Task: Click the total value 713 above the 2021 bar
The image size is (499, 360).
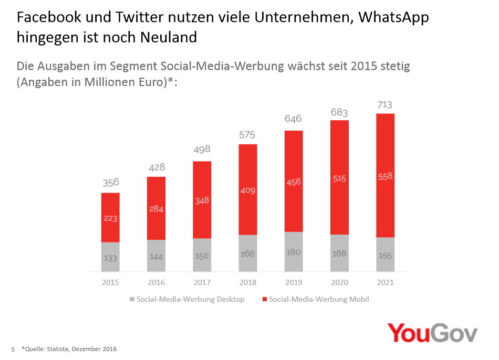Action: pos(385,104)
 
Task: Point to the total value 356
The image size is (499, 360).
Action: pos(110,183)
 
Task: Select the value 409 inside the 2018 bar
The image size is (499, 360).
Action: pos(247,190)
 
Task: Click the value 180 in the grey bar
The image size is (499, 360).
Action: pos(294,252)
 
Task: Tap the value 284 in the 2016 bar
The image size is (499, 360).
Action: pos(156,209)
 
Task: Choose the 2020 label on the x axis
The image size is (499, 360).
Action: pos(339,282)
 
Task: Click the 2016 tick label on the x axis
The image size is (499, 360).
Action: pos(156,282)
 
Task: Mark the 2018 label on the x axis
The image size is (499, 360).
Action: pos(247,282)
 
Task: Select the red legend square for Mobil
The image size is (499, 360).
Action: pos(264,300)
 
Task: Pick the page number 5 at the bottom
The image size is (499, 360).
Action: pos(13,349)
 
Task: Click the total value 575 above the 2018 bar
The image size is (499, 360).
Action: pos(247,134)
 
